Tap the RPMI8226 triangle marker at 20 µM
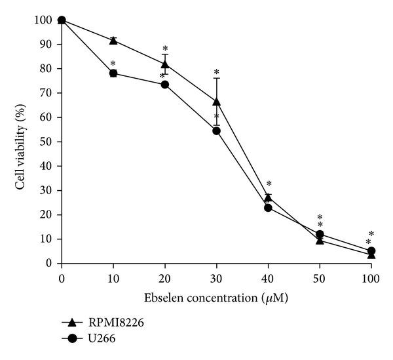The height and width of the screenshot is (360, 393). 164,64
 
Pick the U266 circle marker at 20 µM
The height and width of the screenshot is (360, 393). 164,85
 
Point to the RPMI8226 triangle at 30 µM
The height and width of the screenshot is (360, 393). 216,102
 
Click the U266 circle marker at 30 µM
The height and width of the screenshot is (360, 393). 216,130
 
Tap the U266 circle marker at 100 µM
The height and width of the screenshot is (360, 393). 371,251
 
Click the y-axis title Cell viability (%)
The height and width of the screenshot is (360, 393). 21,142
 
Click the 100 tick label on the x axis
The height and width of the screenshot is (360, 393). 371,277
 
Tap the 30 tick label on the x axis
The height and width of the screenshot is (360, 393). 216,277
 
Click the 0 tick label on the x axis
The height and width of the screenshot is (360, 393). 62,277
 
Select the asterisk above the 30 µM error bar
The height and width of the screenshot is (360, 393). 216,72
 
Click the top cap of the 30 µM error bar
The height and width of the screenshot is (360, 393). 216,78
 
